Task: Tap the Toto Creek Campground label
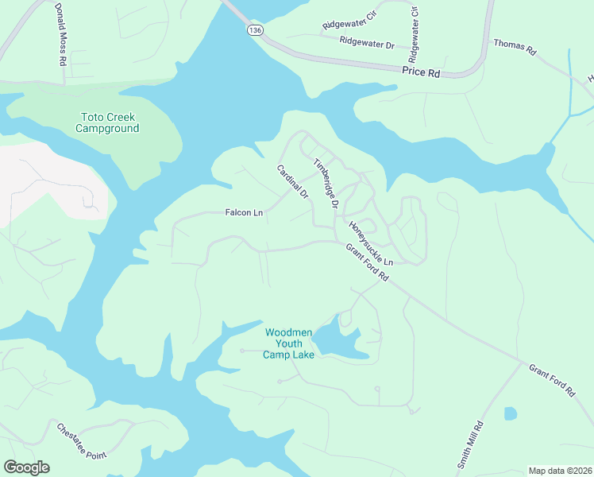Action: [x=107, y=122]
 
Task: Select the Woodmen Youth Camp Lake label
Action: [x=289, y=343]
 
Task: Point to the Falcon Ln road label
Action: [x=244, y=213]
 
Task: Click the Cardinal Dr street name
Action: [x=291, y=182]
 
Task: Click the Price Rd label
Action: [x=422, y=72]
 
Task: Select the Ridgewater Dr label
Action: [x=367, y=41]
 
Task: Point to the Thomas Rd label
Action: [x=515, y=47]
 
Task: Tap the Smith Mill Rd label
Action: [x=469, y=444]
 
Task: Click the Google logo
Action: [x=26, y=467]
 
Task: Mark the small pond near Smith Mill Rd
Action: [x=510, y=413]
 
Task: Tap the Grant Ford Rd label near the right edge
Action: [x=551, y=380]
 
